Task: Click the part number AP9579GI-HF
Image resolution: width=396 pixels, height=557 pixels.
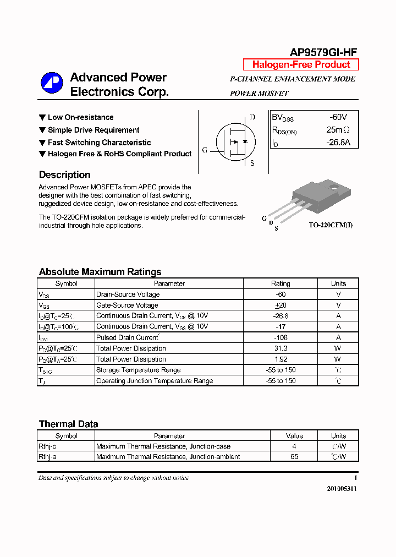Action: point(323,52)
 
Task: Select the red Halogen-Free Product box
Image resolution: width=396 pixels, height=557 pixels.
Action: point(301,64)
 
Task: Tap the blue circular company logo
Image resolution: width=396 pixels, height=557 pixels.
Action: point(52,83)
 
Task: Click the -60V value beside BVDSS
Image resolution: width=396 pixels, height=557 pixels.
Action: point(338,117)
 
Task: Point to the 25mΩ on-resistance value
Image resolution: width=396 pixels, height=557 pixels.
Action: point(338,130)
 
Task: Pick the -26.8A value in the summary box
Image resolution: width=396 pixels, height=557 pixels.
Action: point(338,143)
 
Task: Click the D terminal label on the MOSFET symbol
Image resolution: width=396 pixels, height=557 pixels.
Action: point(252,117)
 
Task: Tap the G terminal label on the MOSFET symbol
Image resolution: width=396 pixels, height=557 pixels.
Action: point(205,150)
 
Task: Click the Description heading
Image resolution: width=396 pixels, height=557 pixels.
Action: point(64,175)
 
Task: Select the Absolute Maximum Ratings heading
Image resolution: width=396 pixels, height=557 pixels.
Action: point(100,272)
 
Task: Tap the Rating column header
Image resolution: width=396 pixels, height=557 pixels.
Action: point(280,283)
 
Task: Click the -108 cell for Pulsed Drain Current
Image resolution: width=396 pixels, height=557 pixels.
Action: point(280,337)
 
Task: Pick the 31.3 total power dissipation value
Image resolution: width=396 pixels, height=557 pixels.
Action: point(280,348)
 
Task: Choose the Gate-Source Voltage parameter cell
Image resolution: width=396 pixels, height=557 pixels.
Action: point(127,305)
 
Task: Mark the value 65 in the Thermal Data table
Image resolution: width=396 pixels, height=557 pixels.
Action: point(294,457)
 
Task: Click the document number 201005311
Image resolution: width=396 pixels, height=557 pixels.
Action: point(342,489)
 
